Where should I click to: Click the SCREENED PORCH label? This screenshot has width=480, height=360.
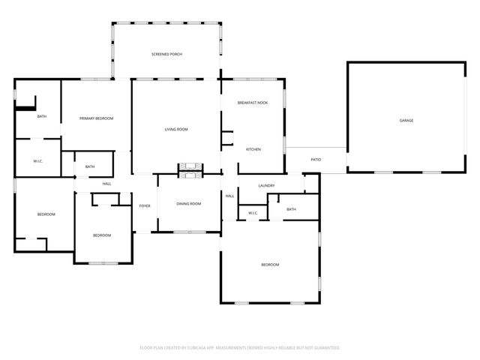166,55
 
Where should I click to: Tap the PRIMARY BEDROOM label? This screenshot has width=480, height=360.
97,118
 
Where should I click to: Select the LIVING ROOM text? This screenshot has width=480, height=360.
176,130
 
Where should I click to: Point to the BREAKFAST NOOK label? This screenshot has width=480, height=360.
253,103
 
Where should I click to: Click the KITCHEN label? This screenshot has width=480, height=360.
253,149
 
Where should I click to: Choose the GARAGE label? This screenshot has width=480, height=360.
406,121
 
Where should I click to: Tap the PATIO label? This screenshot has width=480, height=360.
316,159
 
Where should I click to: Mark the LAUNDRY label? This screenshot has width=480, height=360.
266,185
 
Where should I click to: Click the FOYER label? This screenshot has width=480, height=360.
145,205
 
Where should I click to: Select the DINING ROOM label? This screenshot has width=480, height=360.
189,204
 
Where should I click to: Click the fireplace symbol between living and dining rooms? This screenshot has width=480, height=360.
189,169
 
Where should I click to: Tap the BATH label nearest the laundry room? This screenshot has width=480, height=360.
291,209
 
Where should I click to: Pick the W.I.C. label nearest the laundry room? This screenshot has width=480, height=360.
253,213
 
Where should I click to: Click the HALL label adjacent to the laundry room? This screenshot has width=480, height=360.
229,196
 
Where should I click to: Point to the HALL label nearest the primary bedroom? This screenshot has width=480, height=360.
106,184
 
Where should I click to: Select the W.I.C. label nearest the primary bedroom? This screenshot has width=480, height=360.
39,161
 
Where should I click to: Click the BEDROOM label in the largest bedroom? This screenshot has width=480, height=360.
270,265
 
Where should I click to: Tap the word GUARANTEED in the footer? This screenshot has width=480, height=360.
324,348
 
